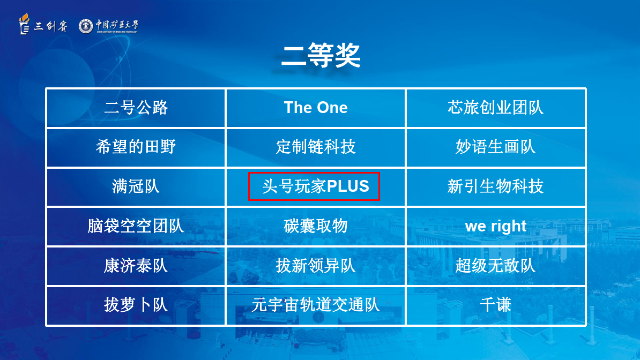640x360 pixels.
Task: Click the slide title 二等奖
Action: click(x=321, y=56)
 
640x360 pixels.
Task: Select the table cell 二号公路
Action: click(x=136, y=108)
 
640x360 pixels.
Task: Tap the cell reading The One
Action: click(x=316, y=108)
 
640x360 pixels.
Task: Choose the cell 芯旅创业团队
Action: click(x=495, y=108)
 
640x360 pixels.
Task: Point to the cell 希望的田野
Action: click(x=136, y=147)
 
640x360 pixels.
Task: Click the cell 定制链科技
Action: click(x=316, y=147)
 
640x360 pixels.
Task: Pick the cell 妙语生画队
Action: click(x=495, y=147)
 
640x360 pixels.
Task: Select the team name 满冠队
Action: click(x=136, y=186)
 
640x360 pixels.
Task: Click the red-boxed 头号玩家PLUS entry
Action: click(x=314, y=186)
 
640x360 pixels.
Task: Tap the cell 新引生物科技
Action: click(x=495, y=186)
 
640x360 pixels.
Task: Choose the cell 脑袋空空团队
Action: click(x=136, y=226)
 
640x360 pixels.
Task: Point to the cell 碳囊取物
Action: click(x=316, y=226)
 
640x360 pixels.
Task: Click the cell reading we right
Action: click(x=495, y=226)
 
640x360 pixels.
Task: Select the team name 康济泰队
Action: click(x=136, y=266)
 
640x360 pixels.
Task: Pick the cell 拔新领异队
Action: click(x=316, y=266)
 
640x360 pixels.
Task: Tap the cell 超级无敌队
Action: click(x=495, y=266)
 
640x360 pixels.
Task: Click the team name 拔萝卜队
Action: click(x=136, y=304)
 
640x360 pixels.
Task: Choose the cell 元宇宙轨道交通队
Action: click(x=316, y=304)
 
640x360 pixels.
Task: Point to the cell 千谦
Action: click(x=495, y=304)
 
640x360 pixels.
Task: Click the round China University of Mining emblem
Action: click(x=86, y=26)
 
